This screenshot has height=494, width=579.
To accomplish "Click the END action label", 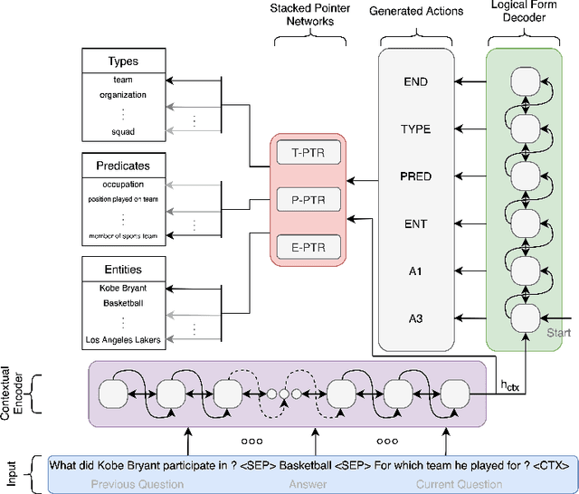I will pos(415,81).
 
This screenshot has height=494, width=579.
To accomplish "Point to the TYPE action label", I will pos(415,128).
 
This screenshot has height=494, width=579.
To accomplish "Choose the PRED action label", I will pos(415,175).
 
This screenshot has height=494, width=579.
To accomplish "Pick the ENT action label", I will pos(415,223).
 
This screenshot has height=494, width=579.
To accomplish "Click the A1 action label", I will pos(415,270).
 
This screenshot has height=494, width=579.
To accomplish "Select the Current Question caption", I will pos(455,483).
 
